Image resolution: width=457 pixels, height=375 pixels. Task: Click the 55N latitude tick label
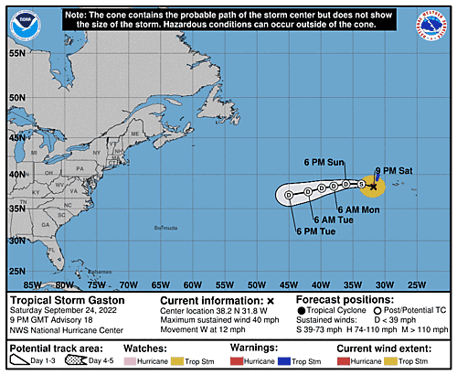point(16,53)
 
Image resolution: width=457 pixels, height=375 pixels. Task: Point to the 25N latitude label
point(16,271)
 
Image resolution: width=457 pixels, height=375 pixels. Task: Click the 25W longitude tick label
point(417,284)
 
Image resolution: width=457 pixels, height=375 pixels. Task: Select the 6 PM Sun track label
point(322,163)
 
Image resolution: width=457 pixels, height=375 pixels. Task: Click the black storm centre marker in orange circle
point(372,186)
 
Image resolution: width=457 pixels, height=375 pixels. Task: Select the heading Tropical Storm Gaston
point(68,299)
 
